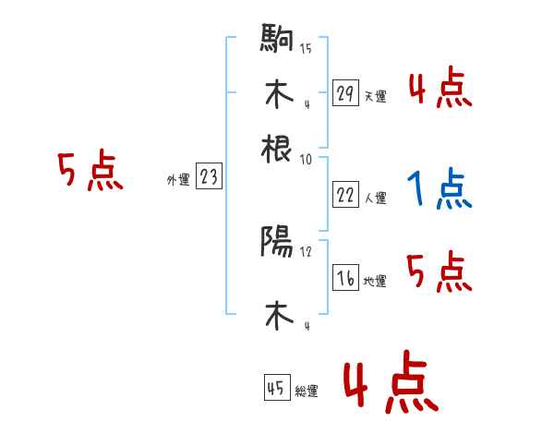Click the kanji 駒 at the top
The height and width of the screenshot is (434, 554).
(277, 40)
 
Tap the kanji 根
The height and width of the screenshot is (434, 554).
(277, 147)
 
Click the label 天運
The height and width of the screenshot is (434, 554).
(375, 96)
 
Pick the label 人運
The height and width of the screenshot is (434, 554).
(375, 198)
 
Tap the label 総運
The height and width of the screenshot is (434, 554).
(307, 392)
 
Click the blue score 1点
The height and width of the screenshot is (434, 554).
(440, 190)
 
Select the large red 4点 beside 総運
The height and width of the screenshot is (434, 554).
(389, 385)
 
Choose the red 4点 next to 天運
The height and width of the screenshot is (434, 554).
(440, 90)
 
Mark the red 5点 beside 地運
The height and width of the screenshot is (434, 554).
(440, 272)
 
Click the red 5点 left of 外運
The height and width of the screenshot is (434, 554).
(90, 172)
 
